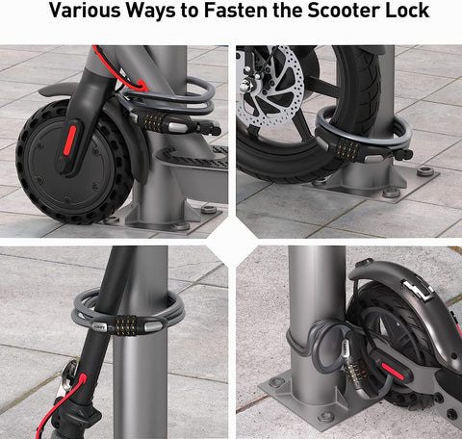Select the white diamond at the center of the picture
tap(231, 237)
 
